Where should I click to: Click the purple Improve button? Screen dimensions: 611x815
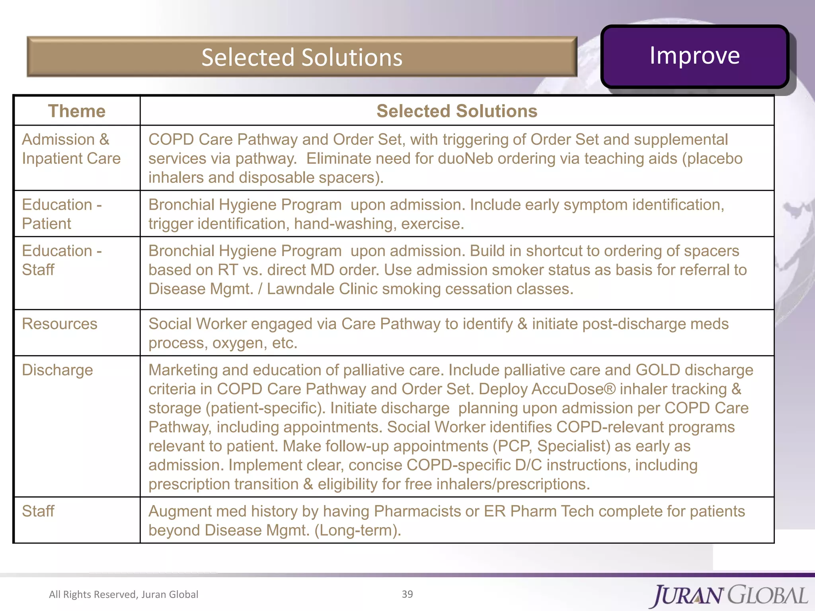coord(694,56)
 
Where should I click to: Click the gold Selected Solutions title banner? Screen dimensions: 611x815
coord(302,57)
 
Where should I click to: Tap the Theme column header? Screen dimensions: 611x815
coord(77,111)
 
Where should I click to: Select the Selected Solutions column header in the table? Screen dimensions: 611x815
coord(457,111)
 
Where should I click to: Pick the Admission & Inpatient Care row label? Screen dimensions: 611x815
coord(71,149)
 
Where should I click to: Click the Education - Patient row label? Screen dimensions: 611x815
coord(62,214)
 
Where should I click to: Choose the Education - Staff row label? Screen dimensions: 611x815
coord(62,260)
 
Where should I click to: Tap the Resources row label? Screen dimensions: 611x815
coord(60,324)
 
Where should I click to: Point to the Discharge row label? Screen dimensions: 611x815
coord(57,370)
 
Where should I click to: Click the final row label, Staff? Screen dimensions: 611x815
coord(38,511)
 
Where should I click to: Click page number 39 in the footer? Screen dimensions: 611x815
coord(407,594)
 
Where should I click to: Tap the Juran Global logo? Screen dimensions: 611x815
coord(730,595)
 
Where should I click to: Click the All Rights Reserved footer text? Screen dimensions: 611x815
coord(123,594)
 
